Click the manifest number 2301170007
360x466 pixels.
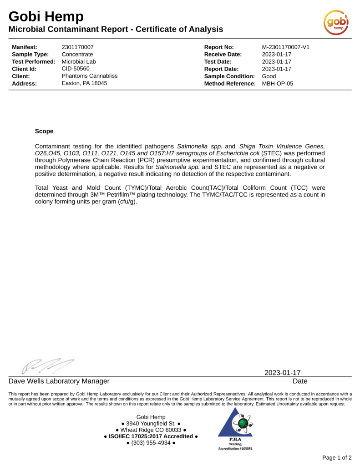pyautogui.click(x=77, y=47)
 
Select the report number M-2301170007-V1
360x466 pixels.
pyautogui.click(x=286, y=47)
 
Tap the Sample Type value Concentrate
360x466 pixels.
pyautogui.click(x=77, y=55)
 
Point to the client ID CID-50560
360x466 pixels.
pyautogui.click(x=76, y=69)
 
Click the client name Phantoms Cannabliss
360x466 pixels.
pyautogui.click(x=89, y=76)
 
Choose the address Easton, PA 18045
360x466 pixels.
pyautogui.click(x=84, y=84)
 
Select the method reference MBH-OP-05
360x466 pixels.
pyautogui.click(x=278, y=84)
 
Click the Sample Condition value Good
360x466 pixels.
pyautogui.click(x=269, y=76)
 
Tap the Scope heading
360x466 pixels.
pyautogui.click(x=44, y=131)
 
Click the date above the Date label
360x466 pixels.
pyautogui.click(x=282, y=373)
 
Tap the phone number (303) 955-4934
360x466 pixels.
pyautogui.click(x=151, y=443)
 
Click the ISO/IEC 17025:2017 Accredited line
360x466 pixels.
pyautogui.click(x=151, y=436)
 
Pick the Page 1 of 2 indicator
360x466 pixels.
pyautogui.click(x=336, y=457)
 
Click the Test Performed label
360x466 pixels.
pyautogui.click(x=34, y=62)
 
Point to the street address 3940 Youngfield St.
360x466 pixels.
pyautogui.click(x=151, y=423)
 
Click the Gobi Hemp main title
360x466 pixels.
pyautogui.click(x=46, y=17)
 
